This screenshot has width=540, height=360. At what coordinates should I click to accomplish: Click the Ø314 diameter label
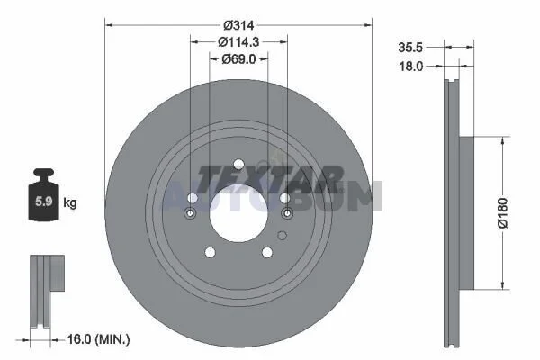tap(238, 25)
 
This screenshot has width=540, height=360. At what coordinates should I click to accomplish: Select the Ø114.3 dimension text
tap(238, 42)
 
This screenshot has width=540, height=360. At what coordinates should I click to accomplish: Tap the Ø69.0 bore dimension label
tap(238, 59)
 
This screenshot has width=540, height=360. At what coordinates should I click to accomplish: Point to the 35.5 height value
tap(410, 48)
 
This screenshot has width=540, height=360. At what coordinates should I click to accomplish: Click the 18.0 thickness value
tap(411, 66)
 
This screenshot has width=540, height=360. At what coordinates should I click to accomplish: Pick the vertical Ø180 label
tap(503, 213)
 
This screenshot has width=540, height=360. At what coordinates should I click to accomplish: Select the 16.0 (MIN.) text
tap(98, 339)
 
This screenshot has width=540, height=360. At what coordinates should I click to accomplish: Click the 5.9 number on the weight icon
tap(44, 201)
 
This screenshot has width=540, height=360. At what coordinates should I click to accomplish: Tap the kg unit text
tap(70, 202)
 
